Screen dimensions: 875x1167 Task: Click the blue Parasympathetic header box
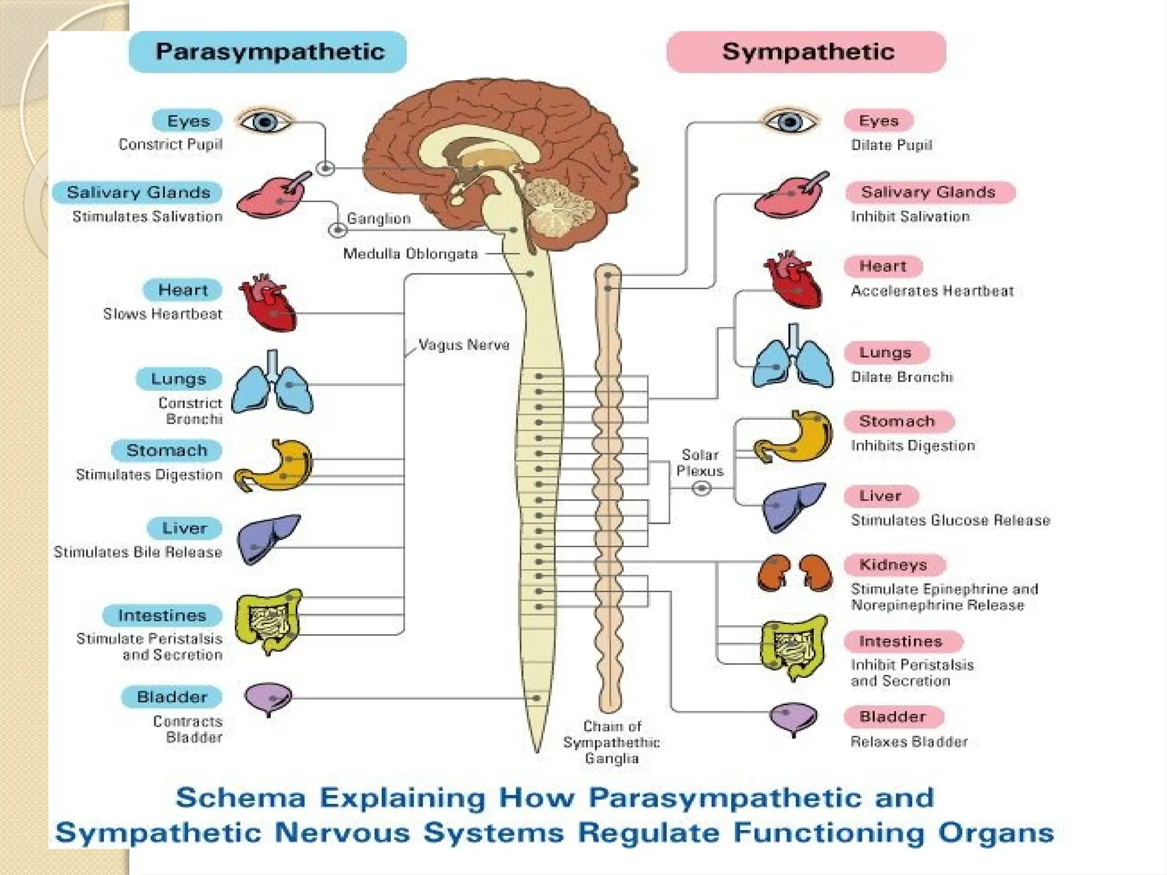[268, 52]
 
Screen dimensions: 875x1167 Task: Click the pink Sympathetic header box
[806, 52]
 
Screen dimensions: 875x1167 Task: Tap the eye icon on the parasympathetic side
[264, 121]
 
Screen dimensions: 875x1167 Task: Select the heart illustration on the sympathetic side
[793, 279]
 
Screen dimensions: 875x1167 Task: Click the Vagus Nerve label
[463, 345]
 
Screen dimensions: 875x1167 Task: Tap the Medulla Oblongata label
[410, 253]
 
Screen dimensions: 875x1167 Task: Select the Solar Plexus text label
[700, 463]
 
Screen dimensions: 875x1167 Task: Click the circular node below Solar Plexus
[701, 488]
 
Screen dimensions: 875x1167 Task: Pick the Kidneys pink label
[893, 565]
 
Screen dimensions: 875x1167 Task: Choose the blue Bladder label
[172, 697]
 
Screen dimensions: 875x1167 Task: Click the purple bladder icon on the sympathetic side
[793, 718]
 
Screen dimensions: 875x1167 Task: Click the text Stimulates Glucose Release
[950, 520]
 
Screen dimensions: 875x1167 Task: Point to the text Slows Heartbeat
[162, 314]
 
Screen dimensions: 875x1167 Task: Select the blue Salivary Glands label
[138, 193]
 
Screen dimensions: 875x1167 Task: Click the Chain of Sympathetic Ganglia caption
[611, 742]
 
